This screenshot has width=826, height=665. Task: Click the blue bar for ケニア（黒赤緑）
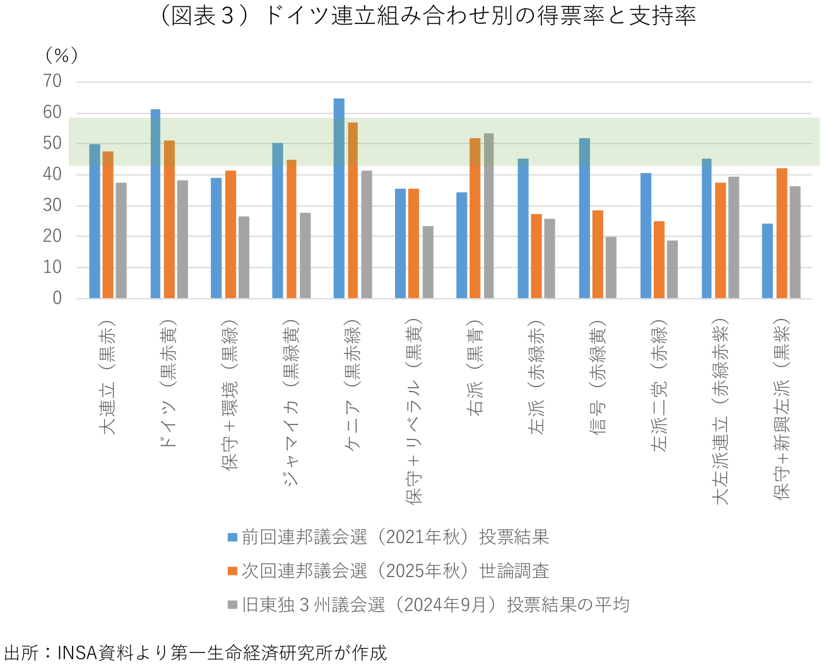click(x=339, y=198)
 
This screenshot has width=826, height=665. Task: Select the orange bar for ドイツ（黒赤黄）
click(x=169, y=219)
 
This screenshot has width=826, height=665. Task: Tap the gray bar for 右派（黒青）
click(x=488, y=215)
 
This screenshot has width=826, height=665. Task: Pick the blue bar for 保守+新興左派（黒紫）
click(x=767, y=261)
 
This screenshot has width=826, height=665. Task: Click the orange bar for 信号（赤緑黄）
click(x=598, y=254)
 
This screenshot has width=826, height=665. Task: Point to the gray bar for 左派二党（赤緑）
click(x=672, y=269)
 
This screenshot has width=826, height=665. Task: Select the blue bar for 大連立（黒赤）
click(x=95, y=221)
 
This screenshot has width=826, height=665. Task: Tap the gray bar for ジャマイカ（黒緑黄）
click(x=305, y=255)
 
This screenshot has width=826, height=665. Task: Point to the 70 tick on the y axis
click(x=52, y=81)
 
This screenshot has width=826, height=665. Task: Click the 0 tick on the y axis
click(x=57, y=298)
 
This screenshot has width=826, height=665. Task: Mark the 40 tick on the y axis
click(x=52, y=174)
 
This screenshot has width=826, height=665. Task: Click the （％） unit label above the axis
click(x=61, y=56)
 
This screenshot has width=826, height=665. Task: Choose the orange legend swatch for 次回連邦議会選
click(x=232, y=571)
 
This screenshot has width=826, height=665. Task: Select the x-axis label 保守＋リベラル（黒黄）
click(x=414, y=410)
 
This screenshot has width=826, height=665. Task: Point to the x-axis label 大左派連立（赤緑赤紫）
click(x=721, y=410)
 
